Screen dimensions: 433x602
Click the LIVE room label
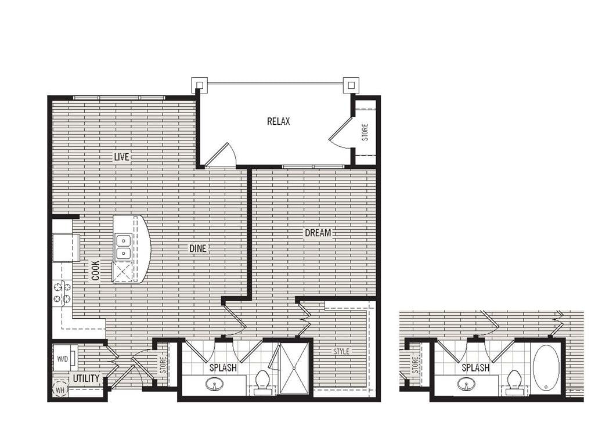(121, 157)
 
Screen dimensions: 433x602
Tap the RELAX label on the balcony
(278, 121)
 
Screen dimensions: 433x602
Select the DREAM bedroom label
(318, 233)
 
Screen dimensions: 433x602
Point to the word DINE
(197, 248)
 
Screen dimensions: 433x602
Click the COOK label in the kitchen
(95, 270)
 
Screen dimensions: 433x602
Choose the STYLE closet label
(341, 351)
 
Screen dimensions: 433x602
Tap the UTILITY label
(86, 379)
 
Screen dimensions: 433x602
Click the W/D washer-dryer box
(62, 358)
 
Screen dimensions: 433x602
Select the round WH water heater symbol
(60, 388)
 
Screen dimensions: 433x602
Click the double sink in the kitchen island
(122, 246)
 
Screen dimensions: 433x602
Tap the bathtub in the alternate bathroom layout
(546, 369)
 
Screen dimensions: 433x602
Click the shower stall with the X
(294, 369)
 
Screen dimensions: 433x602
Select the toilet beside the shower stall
(262, 381)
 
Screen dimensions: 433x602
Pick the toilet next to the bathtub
(514, 382)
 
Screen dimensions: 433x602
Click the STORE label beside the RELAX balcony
(365, 132)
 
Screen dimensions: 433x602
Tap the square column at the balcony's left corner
(199, 85)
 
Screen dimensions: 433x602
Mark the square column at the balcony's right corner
(350, 85)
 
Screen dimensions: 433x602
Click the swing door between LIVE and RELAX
(222, 156)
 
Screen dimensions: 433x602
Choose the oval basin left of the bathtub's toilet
(466, 384)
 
